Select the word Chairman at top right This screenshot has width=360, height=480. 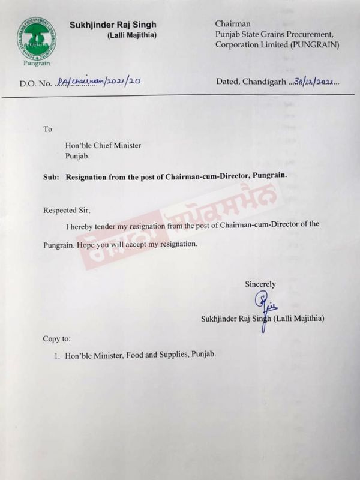point(232,23)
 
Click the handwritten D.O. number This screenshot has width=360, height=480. point(98,82)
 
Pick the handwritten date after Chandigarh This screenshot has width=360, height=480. point(315,82)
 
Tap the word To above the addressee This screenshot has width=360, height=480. point(48,128)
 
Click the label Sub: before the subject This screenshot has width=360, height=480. point(51,176)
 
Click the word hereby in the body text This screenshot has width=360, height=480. point(86,224)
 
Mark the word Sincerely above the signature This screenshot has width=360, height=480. point(260,284)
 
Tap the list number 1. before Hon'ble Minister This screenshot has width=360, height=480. point(57,355)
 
